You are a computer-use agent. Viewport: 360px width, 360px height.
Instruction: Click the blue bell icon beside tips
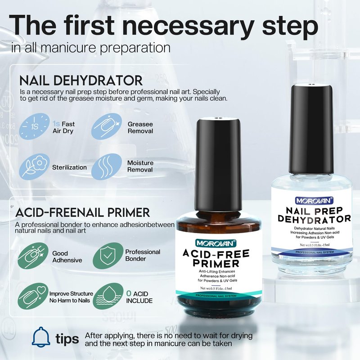(41, 337)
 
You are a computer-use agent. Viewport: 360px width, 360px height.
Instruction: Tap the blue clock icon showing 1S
(35, 126)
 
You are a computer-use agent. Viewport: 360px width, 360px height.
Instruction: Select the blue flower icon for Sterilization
(35, 167)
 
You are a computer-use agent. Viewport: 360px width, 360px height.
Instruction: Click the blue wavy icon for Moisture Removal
(107, 166)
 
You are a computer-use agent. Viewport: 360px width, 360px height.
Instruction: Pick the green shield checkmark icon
(108, 256)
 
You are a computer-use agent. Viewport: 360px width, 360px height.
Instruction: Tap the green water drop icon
(108, 296)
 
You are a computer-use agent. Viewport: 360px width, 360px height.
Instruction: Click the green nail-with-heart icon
(33, 296)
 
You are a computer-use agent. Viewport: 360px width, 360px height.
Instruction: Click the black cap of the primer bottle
(218, 164)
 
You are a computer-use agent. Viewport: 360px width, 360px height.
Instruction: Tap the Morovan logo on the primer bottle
(216, 243)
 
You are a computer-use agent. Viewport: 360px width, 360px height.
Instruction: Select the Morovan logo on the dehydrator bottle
(314, 201)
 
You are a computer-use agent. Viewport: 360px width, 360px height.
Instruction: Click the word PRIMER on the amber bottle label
(216, 263)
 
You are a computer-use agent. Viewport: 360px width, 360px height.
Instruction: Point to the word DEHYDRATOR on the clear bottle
(314, 219)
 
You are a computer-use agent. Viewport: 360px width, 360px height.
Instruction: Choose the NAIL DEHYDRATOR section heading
(81, 81)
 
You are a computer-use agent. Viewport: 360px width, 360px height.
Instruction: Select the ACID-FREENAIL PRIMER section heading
(83, 212)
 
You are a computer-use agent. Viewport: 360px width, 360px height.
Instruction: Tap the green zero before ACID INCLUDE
(129, 293)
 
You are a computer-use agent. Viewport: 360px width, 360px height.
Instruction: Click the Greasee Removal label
(140, 127)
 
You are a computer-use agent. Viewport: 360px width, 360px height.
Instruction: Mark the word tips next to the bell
(67, 339)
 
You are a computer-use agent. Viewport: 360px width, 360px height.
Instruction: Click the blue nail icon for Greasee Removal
(107, 126)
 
